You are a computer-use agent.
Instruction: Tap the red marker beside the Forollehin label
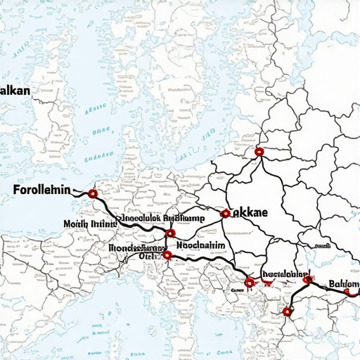pyautogui.click(x=93, y=193)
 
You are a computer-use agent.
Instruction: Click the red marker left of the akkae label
pyautogui.click(x=225, y=213)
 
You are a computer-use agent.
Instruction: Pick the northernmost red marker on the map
pyautogui.click(x=259, y=151)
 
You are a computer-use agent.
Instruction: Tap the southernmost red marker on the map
pyautogui.click(x=286, y=311)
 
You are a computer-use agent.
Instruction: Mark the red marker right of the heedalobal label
pyautogui.click(x=307, y=280)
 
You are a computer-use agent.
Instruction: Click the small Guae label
pyautogui.click(x=237, y=289)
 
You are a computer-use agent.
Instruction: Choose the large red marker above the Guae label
pyautogui.click(x=250, y=282)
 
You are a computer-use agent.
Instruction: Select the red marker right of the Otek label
pyautogui.click(x=167, y=256)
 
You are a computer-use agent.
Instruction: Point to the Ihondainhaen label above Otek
pyautogui.click(x=136, y=247)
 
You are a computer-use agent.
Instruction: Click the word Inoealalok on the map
pyautogui.click(x=138, y=218)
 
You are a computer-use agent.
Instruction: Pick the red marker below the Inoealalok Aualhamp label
pyautogui.click(x=170, y=233)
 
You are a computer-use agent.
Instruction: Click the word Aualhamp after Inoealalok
pyautogui.click(x=184, y=218)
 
